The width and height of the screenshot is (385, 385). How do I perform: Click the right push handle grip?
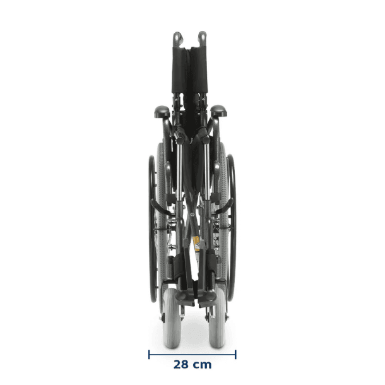[x=203, y=38]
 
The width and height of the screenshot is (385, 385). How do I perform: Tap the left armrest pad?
[x=162, y=112]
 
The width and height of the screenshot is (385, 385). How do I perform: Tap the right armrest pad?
[x=218, y=111]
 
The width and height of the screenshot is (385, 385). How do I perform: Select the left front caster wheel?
[x=172, y=318]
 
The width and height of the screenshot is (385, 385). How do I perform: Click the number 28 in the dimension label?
[x=181, y=365]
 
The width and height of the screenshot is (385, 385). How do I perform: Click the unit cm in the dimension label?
[x=201, y=365]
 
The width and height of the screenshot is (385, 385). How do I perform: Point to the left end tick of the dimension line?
[x=149, y=355]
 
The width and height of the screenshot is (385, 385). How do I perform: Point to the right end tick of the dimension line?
[x=235, y=355]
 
